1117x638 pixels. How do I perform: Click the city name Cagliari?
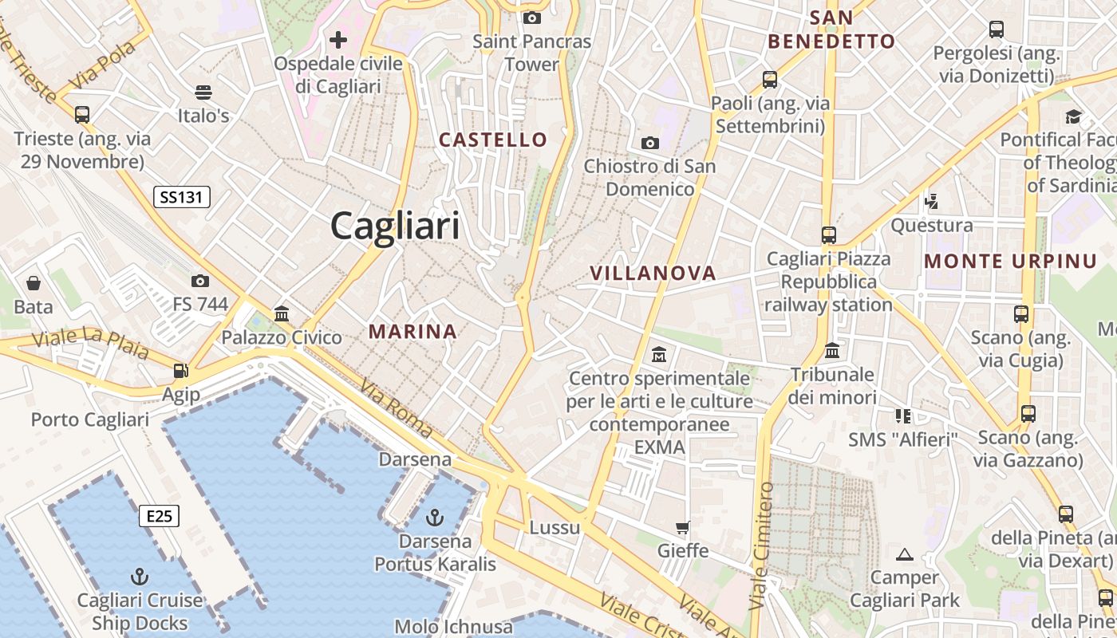pyautogui.click(x=395, y=226)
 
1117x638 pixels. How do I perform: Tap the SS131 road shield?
pyautogui.click(x=182, y=197)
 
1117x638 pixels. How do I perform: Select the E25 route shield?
pyautogui.click(x=159, y=516)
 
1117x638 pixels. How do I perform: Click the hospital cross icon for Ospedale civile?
pyautogui.click(x=338, y=39)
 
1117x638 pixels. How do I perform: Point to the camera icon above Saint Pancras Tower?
pyautogui.click(x=531, y=18)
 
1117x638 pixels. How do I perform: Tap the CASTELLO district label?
pyautogui.click(x=493, y=140)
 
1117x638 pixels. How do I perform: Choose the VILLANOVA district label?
pyautogui.click(x=653, y=273)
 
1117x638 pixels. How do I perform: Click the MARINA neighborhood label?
pyautogui.click(x=412, y=331)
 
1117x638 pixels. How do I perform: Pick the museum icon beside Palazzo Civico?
pyautogui.click(x=281, y=314)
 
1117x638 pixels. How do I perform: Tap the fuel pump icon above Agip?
pyautogui.click(x=181, y=371)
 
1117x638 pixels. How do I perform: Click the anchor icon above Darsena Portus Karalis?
pyautogui.click(x=434, y=518)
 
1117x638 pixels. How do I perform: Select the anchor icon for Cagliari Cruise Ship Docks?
pyautogui.click(x=140, y=577)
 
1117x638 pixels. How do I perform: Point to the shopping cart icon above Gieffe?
pyautogui.click(x=682, y=527)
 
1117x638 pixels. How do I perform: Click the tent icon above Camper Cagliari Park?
pyautogui.click(x=904, y=554)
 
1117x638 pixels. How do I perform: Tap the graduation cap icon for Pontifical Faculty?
pyautogui.click(x=1073, y=116)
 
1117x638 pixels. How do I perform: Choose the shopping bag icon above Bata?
pyautogui.click(x=34, y=283)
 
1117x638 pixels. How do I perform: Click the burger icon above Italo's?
pyautogui.click(x=203, y=93)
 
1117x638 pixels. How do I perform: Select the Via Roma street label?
pyautogui.click(x=397, y=408)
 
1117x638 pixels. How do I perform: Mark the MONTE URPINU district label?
pyautogui.click(x=1011, y=261)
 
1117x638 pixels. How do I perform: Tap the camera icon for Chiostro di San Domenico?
pyautogui.click(x=650, y=144)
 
